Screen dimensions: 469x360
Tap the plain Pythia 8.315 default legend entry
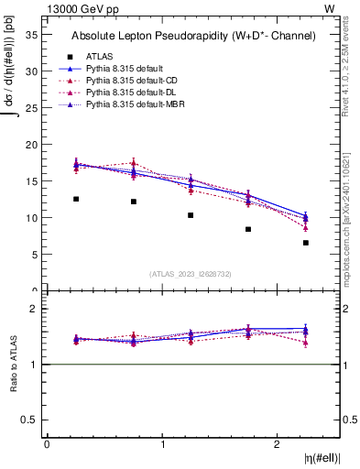[x=125, y=69]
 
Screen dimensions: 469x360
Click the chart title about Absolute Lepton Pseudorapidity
[x=193, y=36]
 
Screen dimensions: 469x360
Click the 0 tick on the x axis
[x=47, y=443]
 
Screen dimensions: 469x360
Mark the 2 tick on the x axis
[x=278, y=443]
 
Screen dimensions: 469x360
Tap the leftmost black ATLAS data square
[x=76, y=199]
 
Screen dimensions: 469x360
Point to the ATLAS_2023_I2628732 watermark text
[x=191, y=273]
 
